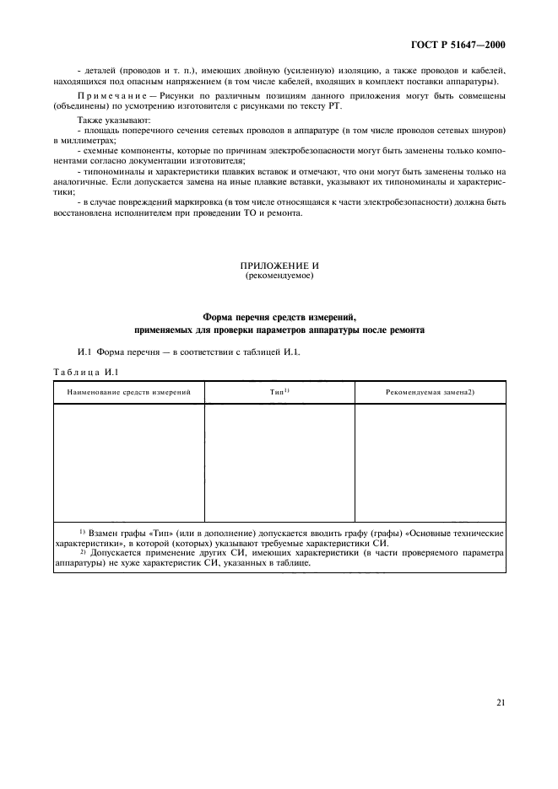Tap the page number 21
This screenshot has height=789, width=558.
(501, 700)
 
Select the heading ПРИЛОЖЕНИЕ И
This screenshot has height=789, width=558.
(279, 266)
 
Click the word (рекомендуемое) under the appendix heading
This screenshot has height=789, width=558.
(279, 276)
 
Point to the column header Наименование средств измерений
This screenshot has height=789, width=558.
(129, 392)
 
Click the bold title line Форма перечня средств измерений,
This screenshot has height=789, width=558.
(279, 317)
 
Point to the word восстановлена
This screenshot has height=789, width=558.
(87, 212)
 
